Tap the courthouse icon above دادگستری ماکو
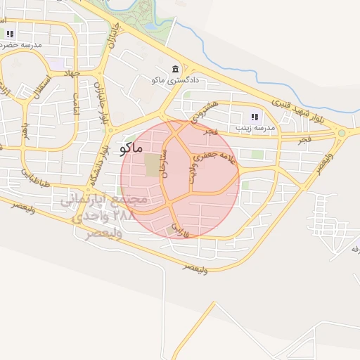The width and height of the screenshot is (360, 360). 174,70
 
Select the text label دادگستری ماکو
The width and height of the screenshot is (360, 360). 176,81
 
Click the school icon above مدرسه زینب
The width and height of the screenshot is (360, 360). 254,117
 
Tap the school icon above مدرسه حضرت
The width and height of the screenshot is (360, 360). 10,34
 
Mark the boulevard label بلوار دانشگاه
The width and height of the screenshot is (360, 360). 99,162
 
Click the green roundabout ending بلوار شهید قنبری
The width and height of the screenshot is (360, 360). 342,133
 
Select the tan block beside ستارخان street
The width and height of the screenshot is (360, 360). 152,166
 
